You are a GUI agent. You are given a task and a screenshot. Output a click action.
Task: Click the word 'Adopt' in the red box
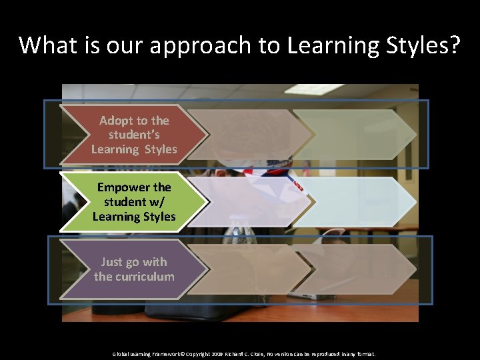click(x=115, y=121)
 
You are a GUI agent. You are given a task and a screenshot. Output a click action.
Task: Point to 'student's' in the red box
click(x=134, y=135)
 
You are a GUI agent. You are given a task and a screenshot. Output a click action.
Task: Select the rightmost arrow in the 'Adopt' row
click(x=353, y=134)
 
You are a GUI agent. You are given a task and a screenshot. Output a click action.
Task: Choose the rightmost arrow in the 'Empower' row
click(x=353, y=201)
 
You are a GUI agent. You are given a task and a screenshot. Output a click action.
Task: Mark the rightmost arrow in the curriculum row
click(x=353, y=269)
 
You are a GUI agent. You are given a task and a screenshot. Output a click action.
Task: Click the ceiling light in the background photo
click(x=313, y=89)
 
